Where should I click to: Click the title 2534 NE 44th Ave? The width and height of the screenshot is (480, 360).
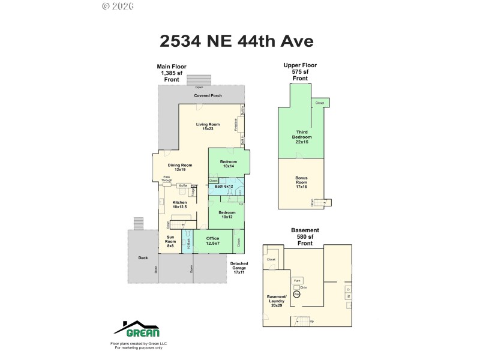236,41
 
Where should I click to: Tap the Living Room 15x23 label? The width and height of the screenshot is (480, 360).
208,127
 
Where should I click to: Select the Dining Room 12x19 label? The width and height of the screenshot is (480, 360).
180,167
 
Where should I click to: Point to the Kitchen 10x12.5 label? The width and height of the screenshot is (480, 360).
180,205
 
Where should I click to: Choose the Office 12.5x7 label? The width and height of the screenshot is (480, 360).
213,242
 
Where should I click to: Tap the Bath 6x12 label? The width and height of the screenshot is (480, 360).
223,187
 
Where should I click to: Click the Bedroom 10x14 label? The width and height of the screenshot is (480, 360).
228,164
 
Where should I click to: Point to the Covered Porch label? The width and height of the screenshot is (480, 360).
208,96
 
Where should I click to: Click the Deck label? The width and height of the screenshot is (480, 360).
143,257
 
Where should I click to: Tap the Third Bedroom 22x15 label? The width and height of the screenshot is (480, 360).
301,137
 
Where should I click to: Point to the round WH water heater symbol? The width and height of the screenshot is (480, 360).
296,295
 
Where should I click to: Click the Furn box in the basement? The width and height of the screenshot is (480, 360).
298,280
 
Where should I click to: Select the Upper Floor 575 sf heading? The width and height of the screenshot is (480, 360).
300,71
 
